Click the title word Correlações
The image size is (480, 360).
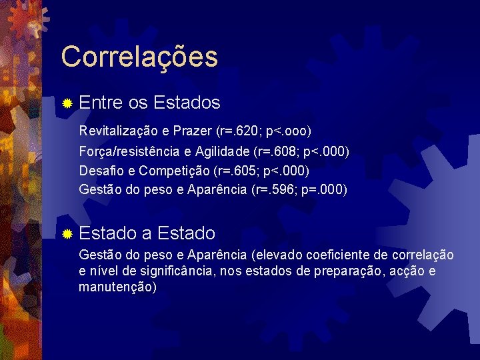point(139,57)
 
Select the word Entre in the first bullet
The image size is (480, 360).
point(101,103)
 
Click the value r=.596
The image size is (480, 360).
point(279,190)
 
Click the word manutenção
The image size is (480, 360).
point(116,287)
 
